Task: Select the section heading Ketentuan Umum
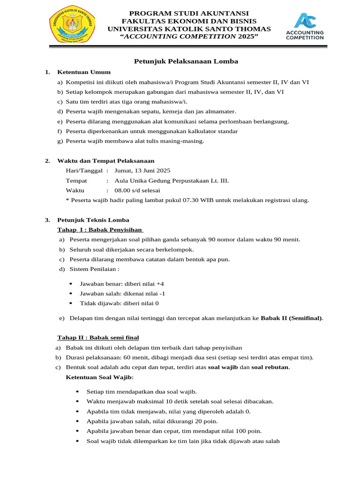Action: click(84, 72)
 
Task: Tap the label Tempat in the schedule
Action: click(76, 180)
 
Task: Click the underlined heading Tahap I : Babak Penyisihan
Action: click(100, 230)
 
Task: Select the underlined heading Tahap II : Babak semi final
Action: click(98, 337)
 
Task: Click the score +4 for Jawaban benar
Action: click(160, 284)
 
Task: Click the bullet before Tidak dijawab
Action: click(70, 303)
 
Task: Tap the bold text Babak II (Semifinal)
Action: click(291, 318)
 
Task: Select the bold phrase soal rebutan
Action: click(270, 367)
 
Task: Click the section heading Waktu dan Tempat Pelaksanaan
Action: click(105, 161)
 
